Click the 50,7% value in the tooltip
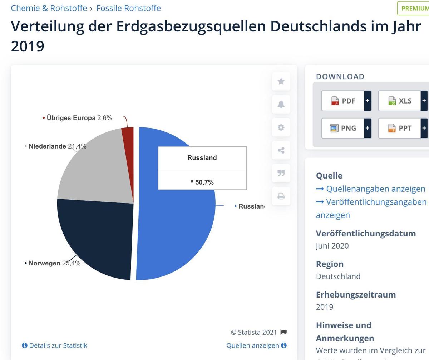coord(204,182)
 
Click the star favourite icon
coord(281,81)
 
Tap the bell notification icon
coord(281,104)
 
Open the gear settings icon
coord(281,127)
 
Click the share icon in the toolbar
coord(281,150)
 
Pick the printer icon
coord(281,196)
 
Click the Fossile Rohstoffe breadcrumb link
coord(128,8)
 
